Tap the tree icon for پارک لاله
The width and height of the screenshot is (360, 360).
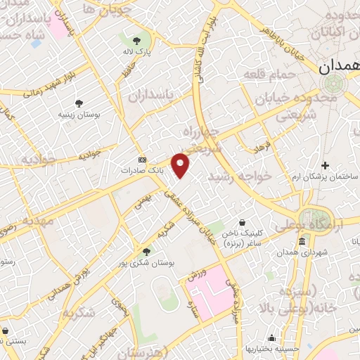(136, 40)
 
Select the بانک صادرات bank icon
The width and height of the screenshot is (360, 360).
(142, 160)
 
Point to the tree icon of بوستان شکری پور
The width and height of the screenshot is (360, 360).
(146, 250)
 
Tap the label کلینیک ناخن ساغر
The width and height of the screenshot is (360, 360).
(241, 236)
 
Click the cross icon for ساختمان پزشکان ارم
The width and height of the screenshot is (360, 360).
(325, 165)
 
